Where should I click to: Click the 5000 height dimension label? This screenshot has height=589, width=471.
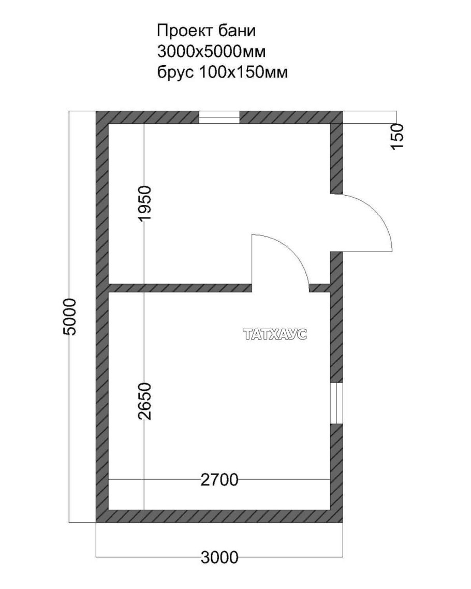70,317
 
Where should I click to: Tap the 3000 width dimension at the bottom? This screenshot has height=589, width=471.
220,557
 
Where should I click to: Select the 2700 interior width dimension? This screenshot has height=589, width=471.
219,480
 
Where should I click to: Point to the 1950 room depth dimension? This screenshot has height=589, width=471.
144,203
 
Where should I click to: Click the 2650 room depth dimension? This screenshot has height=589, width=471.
144,401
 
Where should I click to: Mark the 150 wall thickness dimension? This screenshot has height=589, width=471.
397,136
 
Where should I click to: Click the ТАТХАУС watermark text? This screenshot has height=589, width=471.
275,334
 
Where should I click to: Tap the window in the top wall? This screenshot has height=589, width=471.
219,117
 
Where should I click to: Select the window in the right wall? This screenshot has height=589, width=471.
336,403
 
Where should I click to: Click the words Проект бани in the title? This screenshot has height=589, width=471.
206,31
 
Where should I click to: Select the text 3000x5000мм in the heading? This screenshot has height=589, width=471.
211,51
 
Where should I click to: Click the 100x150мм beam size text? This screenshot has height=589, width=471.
243,72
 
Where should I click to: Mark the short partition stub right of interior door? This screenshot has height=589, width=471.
320,288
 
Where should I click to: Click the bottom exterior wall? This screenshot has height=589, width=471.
219,516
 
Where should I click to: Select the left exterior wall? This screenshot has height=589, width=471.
102,317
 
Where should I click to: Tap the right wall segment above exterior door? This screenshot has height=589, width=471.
336,153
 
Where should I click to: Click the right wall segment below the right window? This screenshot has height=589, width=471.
336,473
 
